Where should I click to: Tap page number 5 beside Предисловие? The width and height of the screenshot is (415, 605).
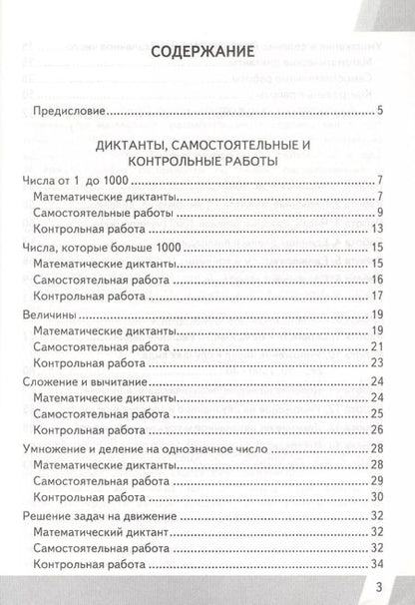coord(382,109)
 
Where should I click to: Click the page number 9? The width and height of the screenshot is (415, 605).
coord(382,215)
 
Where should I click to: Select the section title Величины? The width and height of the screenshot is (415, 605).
coord(49,340)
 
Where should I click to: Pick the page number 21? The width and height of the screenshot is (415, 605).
coord(379,375)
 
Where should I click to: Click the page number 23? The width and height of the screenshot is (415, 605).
coord(379,393)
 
